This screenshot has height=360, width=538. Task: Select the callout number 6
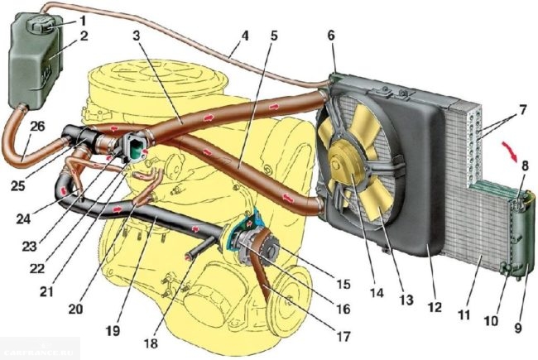[333, 37]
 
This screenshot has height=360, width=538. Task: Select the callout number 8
[526, 166]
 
